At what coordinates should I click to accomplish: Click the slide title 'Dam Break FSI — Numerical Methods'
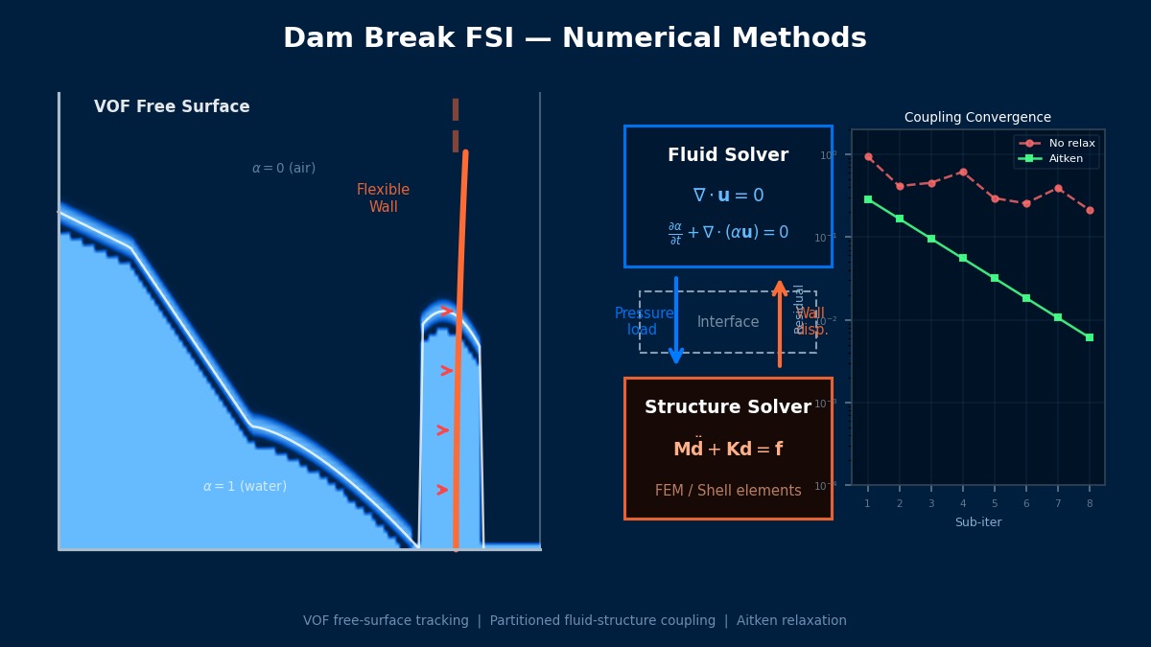tap(575, 39)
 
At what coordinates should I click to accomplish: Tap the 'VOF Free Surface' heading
tap(172, 107)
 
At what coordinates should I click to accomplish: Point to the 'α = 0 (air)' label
tap(283, 169)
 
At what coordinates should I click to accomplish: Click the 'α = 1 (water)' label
tap(245, 487)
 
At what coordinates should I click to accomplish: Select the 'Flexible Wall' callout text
tap(383, 198)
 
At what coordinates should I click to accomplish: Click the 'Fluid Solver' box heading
tap(728, 155)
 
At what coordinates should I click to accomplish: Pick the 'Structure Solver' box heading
tap(728, 407)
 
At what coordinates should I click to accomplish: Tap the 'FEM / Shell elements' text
tap(728, 491)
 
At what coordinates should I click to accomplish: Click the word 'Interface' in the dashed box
tap(728, 322)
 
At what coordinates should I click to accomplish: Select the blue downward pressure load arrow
tap(676, 321)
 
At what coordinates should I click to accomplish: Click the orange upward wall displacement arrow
tap(780, 324)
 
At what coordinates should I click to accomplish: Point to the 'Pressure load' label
tap(644, 322)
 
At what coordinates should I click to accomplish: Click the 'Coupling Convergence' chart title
tap(977, 118)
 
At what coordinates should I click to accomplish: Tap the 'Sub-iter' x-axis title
tap(977, 522)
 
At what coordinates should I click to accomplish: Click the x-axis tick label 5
tap(995, 504)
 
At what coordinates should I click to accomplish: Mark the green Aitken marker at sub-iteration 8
tap(1090, 337)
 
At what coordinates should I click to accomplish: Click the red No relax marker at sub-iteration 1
tap(868, 157)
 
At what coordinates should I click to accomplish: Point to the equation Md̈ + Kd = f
tap(728, 449)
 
